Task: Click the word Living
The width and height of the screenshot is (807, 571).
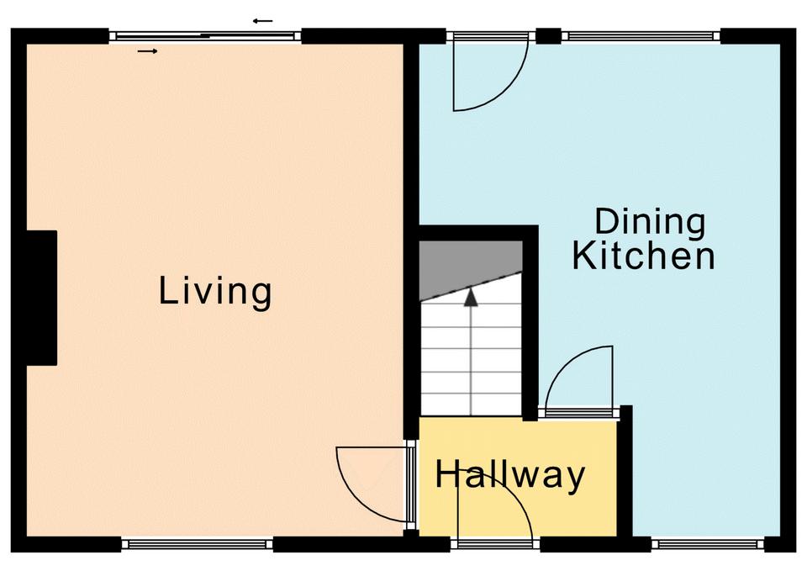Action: pyautogui.click(x=215, y=292)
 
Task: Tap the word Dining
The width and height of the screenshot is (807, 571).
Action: pyautogui.click(x=650, y=222)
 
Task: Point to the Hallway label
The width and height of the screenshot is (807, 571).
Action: pyautogui.click(x=510, y=476)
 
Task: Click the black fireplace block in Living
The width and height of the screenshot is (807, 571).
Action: pyautogui.click(x=41, y=299)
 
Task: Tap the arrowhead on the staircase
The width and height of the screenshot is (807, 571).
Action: pyautogui.click(x=471, y=298)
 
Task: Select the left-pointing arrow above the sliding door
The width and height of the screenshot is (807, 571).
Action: pyautogui.click(x=262, y=21)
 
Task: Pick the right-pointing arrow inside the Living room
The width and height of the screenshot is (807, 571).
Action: pyautogui.click(x=148, y=51)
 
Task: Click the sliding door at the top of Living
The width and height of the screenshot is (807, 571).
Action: pyautogui.click(x=205, y=36)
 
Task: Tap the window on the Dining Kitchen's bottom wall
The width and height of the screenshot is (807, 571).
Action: pyautogui.click(x=708, y=544)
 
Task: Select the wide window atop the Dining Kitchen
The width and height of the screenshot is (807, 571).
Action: pyautogui.click(x=641, y=36)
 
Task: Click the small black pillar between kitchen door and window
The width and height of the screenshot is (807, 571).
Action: pyautogui.click(x=549, y=35)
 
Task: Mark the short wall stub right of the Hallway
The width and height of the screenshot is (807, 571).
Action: pyautogui.click(x=625, y=471)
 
